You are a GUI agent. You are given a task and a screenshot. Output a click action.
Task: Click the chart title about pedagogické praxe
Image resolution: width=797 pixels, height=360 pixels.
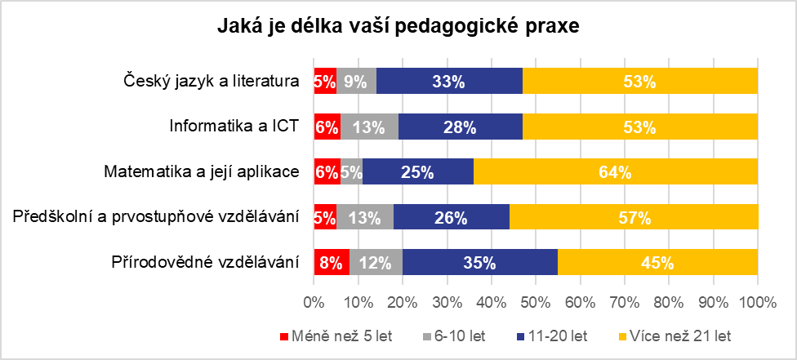click(398, 28)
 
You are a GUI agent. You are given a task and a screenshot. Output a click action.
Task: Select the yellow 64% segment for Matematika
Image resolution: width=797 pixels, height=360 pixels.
click(615, 172)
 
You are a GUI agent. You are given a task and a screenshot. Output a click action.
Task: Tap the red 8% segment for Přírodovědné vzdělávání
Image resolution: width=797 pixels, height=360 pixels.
click(331, 263)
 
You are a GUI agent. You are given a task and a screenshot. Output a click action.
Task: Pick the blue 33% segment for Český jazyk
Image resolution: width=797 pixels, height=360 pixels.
click(449, 81)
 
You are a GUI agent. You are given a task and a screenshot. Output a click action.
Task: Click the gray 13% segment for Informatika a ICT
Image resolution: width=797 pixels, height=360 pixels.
click(369, 127)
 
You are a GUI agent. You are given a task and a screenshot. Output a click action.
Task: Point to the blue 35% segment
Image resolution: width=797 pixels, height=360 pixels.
click(479, 263)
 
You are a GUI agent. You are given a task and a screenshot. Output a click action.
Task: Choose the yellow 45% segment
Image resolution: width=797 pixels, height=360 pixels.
click(657, 263)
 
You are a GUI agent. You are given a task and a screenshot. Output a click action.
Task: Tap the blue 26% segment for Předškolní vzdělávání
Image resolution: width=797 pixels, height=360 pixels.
click(451, 218)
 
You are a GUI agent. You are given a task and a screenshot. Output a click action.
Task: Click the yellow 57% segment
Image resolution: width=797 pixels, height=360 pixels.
click(634, 218)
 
